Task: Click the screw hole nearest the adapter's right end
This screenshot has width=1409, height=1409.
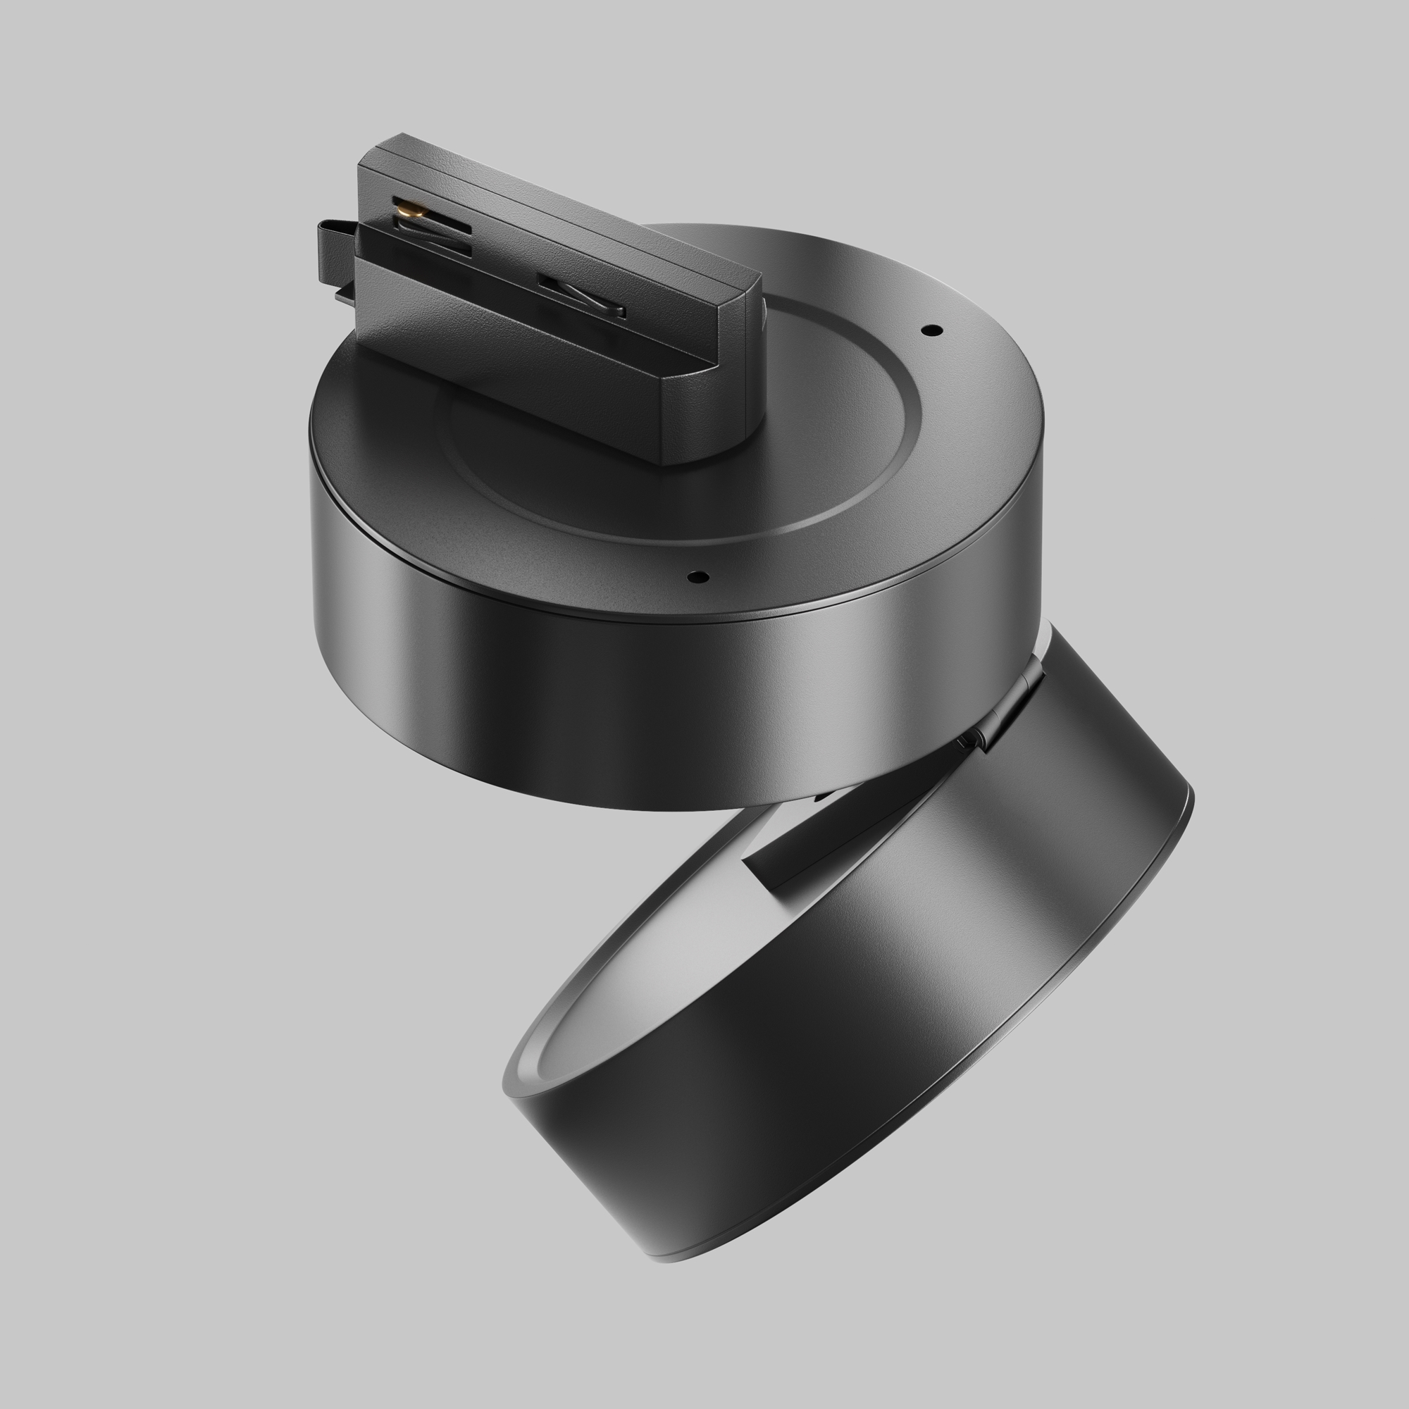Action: coord(931,330)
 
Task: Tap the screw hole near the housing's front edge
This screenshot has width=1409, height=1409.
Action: coord(698,577)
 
